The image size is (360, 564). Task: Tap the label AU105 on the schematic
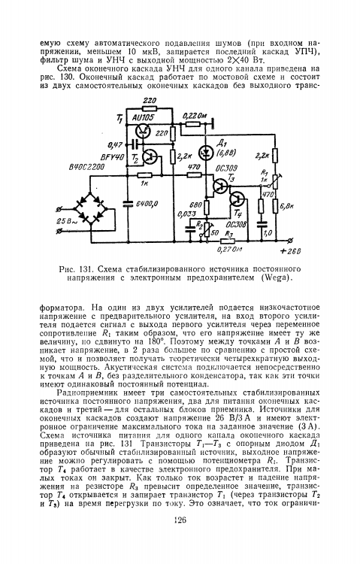coord(143,118)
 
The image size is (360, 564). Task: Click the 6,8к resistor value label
coord(286,205)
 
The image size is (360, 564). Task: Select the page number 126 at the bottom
coord(180,520)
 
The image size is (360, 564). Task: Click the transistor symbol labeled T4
coord(237,199)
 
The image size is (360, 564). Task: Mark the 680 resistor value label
coord(195,204)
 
